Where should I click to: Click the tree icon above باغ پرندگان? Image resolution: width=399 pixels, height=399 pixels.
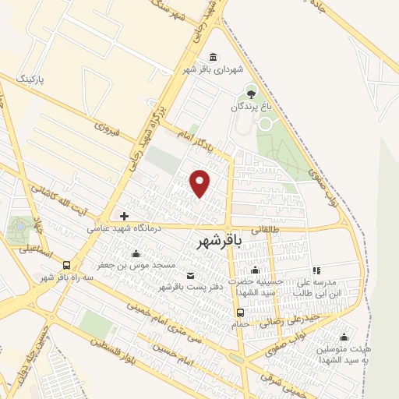pyautogui.click(x=250, y=93)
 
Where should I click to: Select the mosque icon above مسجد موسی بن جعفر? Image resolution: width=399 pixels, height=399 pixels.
pyautogui.click(x=136, y=253)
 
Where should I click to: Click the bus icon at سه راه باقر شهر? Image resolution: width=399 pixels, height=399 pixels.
pyautogui.click(x=67, y=265)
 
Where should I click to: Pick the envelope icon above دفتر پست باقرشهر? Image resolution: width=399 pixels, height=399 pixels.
pyautogui.click(x=191, y=276)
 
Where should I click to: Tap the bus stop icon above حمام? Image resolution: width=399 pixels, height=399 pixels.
pyautogui.click(x=240, y=312)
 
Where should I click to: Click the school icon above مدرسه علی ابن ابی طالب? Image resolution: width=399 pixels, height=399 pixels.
pyautogui.click(x=316, y=270)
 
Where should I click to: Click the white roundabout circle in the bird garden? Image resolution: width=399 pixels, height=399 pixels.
pyautogui.click(x=266, y=123)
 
